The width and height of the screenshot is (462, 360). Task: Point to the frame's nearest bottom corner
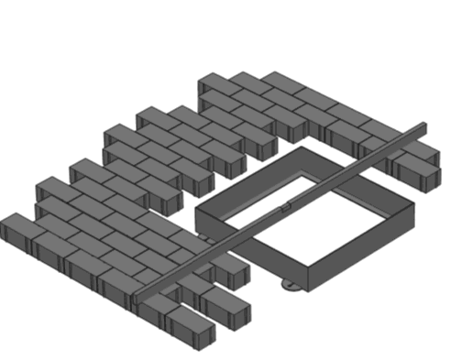click(303, 288)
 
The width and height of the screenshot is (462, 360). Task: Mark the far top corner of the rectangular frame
click(300, 147)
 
